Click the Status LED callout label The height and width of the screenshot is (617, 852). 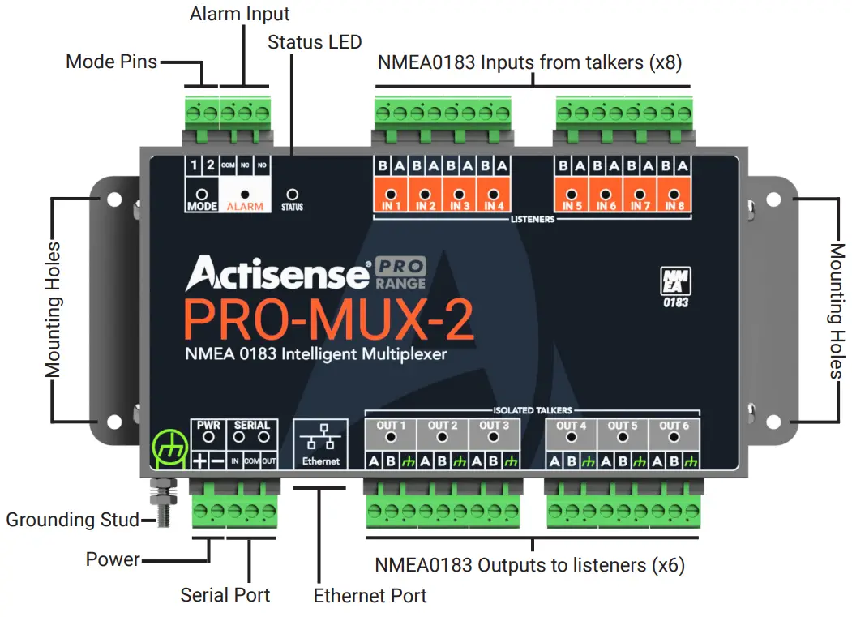[x=315, y=41]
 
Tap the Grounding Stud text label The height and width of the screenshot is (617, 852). [x=72, y=520]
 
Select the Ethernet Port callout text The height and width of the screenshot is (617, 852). [x=370, y=596]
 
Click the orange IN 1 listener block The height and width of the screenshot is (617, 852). [x=392, y=197]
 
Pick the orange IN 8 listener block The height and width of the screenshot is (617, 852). [x=674, y=197]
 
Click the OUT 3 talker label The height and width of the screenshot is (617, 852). [x=494, y=426]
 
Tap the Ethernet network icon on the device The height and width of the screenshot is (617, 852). [x=323, y=439]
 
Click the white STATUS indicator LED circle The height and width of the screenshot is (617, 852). [x=293, y=195]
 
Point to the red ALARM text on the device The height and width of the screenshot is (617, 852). [x=245, y=207]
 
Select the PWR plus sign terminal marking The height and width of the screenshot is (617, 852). [x=199, y=461]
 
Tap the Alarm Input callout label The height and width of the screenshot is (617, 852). [x=239, y=14]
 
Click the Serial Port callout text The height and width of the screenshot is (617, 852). [x=225, y=595]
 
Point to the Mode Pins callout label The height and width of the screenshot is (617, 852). [x=111, y=62]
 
